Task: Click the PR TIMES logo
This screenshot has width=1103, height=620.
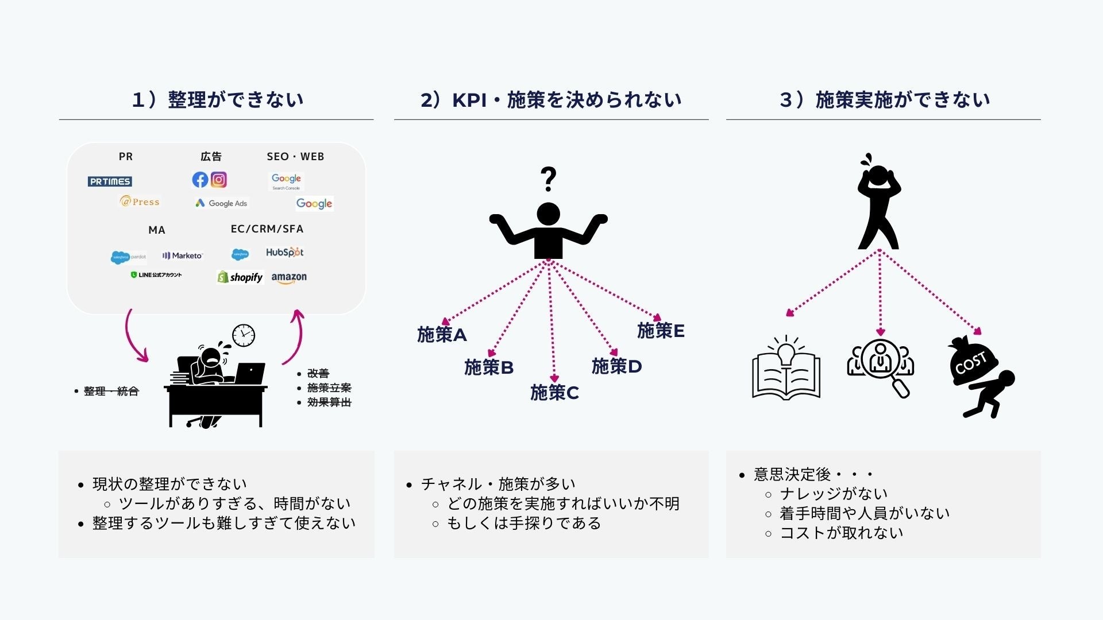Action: (x=110, y=181)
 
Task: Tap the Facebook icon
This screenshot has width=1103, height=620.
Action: (x=200, y=180)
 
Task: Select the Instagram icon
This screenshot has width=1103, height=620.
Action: (x=219, y=180)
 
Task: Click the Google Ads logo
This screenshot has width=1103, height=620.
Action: (x=221, y=203)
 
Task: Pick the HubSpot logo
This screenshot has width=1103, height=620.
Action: (x=284, y=252)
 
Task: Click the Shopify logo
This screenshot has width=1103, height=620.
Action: (x=240, y=277)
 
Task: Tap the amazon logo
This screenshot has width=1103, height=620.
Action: (x=289, y=278)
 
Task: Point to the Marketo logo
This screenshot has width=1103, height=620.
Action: (x=183, y=255)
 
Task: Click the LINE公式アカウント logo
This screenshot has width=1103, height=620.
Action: (x=156, y=275)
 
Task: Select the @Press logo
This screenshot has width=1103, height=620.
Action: (x=140, y=201)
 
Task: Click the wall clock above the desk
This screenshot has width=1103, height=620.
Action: (x=244, y=335)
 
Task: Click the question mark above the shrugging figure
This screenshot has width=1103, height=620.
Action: (x=549, y=179)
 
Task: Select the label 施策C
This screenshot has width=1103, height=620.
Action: (x=554, y=393)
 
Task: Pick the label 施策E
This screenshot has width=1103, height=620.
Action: (x=661, y=331)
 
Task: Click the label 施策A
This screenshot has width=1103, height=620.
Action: (x=442, y=335)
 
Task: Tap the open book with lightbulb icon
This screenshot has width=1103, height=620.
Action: (x=786, y=369)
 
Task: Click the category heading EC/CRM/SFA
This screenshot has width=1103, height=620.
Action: (x=267, y=229)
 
